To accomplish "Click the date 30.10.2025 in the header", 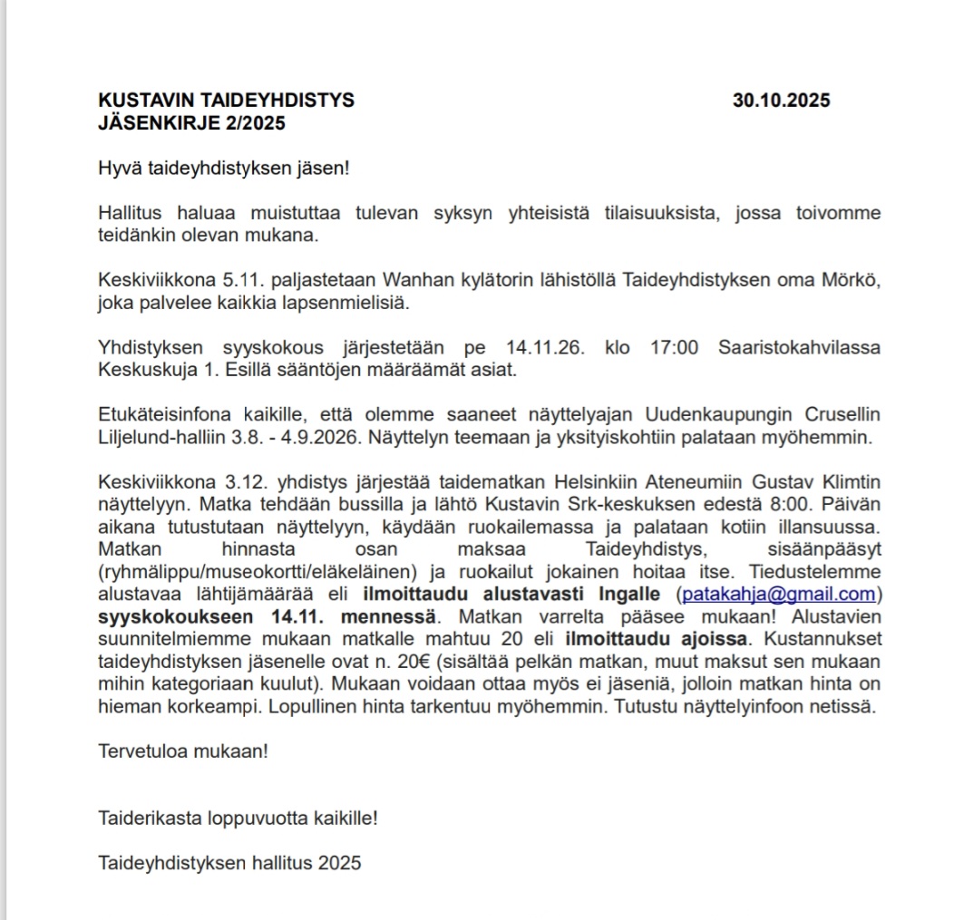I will tap(781, 101).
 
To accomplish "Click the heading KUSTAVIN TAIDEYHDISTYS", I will tap(226, 101).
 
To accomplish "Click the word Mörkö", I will tap(852, 280).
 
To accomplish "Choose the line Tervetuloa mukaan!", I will tap(183, 751).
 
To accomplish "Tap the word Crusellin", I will tap(842, 415).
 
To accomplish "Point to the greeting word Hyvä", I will tap(116, 168).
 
